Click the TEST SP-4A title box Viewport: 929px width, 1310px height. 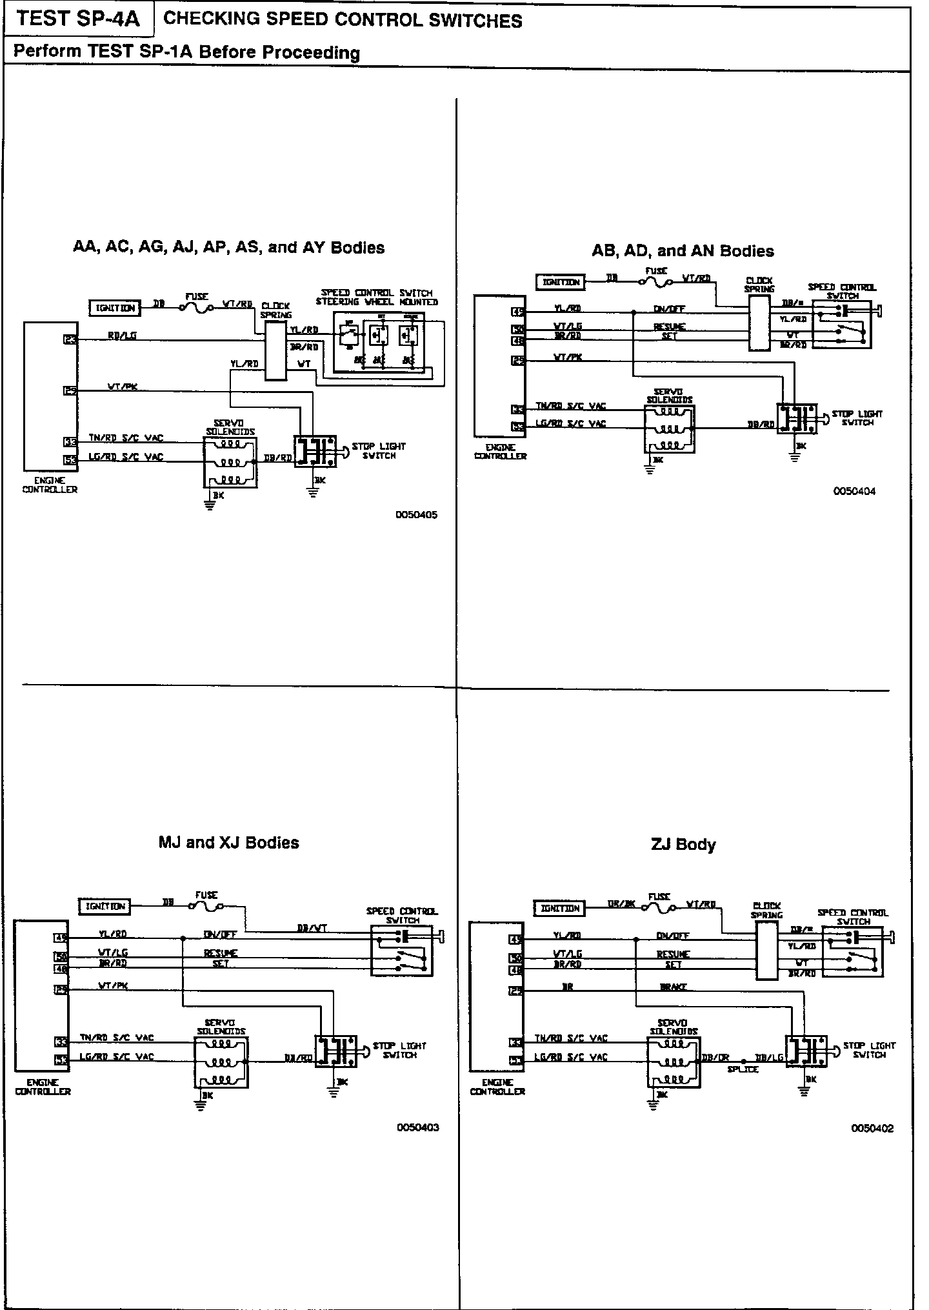click(x=78, y=19)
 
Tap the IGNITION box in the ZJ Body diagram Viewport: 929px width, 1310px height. click(x=559, y=909)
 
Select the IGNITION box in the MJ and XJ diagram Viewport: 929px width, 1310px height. click(x=105, y=906)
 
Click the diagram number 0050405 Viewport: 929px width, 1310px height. click(x=416, y=515)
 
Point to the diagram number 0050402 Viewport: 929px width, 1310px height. click(x=872, y=1129)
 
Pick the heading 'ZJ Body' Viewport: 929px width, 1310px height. click(x=683, y=844)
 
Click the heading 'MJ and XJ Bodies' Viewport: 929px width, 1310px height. click(x=228, y=842)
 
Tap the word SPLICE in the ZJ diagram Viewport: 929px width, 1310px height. click(x=743, y=1069)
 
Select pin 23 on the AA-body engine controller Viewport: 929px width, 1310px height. click(x=70, y=338)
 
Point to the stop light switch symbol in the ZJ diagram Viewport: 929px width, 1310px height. click(x=804, y=1051)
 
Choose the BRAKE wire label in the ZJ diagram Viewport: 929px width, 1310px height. click(x=673, y=987)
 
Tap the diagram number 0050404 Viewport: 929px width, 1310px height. click(x=855, y=491)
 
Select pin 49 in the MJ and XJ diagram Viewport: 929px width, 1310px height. click(x=61, y=938)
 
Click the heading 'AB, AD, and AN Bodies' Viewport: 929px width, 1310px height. click(x=683, y=250)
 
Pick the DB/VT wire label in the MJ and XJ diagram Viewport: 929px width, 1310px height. click(x=312, y=928)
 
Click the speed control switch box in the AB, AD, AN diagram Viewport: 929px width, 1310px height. click(x=841, y=325)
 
